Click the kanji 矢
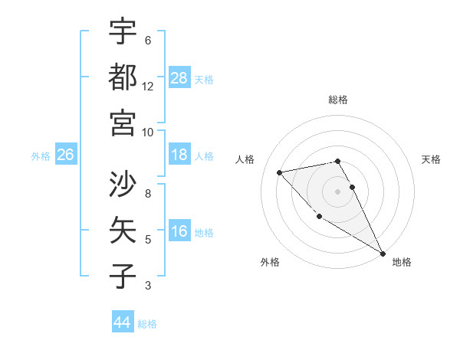(x=123, y=229)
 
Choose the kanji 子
(x=123, y=275)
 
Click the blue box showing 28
(x=179, y=77)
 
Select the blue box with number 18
(x=179, y=155)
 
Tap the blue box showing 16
(x=179, y=232)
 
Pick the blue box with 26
(x=66, y=155)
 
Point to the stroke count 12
(x=148, y=87)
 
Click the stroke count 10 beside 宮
(x=148, y=132)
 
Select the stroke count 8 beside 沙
(x=148, y=193)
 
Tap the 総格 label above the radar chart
(x=338, y=100)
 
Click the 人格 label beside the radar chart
(x=245, y=159)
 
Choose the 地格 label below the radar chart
(x=402, y=262)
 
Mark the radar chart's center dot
(x=337, y=191)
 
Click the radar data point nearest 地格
(x=383, y=254)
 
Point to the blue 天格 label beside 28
(x=205, y=79)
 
